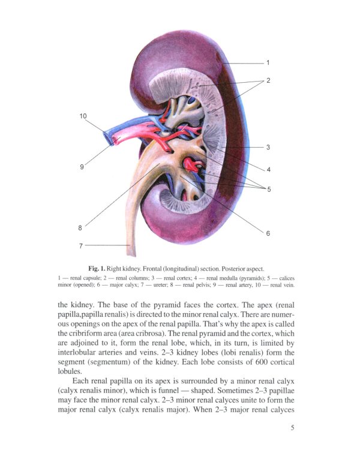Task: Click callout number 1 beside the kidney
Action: [268, 62]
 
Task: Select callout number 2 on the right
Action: [268, 80]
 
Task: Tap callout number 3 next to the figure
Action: [268, 147]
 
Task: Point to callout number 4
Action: [268, 169]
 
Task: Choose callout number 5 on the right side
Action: [269, 190]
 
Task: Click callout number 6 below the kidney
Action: [268, 233]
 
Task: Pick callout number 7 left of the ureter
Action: [80, 245]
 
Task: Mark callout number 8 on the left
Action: [80, 227]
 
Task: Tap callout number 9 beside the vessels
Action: [82, 167]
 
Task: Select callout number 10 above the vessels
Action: [83, 116]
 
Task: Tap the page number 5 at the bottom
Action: [292, 427]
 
